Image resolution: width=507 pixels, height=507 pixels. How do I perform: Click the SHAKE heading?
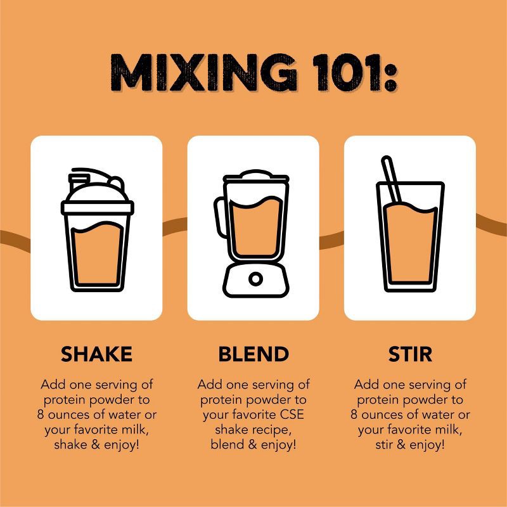pyautogui.click(x=97, y=354)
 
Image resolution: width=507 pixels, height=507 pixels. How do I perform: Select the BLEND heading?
pyautogui.click(x=253, y=354)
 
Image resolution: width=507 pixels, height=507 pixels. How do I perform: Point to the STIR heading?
pyautogui.click(x=410, y=354)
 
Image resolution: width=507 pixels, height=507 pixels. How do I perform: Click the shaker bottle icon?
pyautogui.click(x=98, y=229)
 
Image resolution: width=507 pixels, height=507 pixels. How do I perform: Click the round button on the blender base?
pyautogui.click(x=255, y=279)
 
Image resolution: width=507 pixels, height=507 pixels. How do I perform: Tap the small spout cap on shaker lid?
pyautogui.click(x=78, y=181)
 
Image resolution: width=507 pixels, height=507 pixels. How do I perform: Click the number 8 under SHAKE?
pyautogui.click(x=41, y=414)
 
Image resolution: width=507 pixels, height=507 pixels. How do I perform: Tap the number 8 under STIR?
pyautogui.click(x=354, y=414)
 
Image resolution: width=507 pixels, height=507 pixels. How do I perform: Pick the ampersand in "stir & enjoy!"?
pyautogui.click(x=401, y=444)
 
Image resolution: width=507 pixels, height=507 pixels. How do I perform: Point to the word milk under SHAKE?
pyautogui.click(x=135, y=430)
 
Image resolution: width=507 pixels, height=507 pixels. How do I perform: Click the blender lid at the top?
pyautogui.click(x=255, y=176)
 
